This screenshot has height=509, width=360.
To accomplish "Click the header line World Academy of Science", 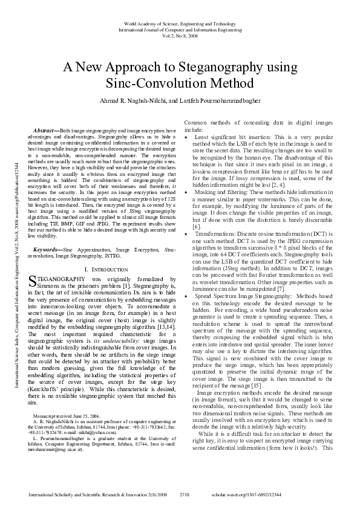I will point(180,22).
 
